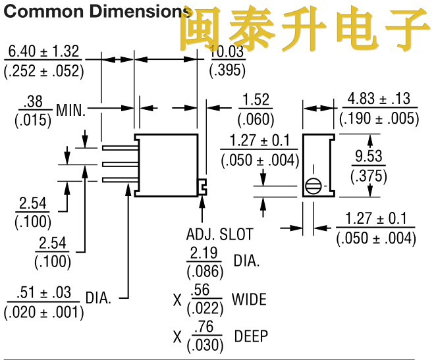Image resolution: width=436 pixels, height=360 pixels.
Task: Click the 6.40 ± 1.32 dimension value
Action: coord(44,51)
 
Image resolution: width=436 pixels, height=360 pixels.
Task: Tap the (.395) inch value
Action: coord(227,70)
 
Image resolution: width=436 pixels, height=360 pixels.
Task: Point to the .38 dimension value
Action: coord(32,102)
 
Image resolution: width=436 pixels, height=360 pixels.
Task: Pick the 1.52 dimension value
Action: coord(256,100)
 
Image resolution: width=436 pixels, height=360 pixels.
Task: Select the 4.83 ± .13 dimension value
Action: coord(379,99)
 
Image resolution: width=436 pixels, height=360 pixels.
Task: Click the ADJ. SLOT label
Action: coord(219,234)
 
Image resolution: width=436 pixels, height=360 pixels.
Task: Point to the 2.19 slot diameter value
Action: coord(203,253)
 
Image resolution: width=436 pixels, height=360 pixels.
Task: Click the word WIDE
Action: coord(249,299)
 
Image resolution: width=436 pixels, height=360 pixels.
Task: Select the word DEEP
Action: coord(250,336)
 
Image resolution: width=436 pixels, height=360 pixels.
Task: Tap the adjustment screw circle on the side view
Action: coord(316,186)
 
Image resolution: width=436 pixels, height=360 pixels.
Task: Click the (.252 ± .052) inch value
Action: coord(44,70)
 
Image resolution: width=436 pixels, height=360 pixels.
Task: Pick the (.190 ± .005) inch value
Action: coord(379,118)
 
